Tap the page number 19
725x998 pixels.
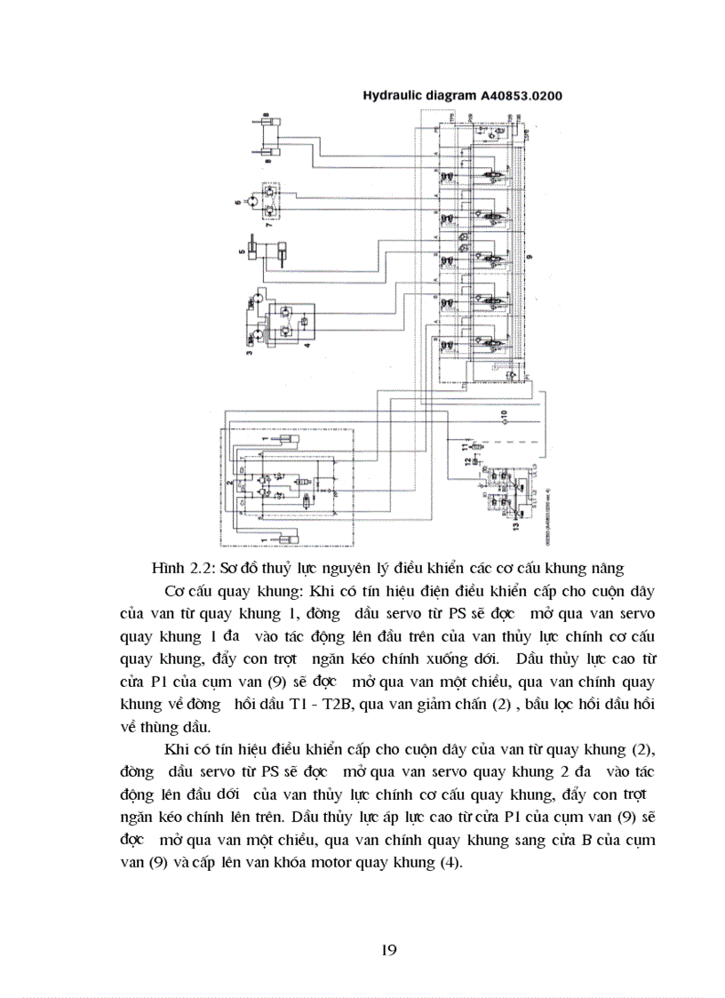click(x=388, y=950)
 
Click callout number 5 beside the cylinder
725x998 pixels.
click(x=241, y=251)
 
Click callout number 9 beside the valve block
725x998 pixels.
click(x=530, y=258)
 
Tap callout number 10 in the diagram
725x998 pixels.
click(x=505, y=414)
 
